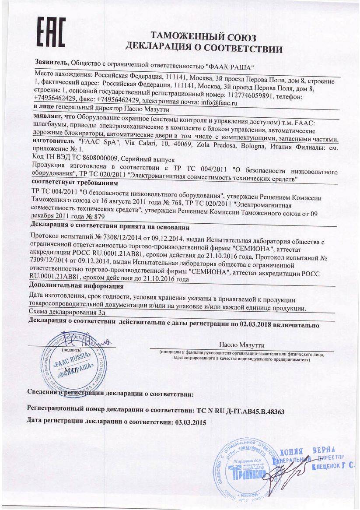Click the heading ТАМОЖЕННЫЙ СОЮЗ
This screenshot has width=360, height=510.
click(203, 36)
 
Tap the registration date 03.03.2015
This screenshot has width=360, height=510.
click(190, 423)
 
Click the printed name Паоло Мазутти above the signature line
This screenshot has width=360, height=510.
click(242, 345)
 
